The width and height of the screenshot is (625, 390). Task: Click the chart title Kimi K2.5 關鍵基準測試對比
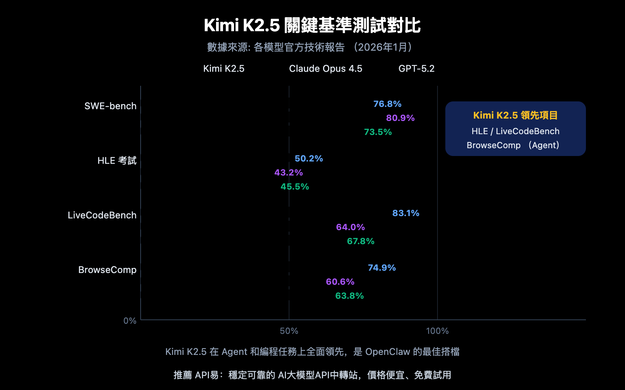(312, 25)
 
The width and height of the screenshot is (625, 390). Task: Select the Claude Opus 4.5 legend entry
(325, 69)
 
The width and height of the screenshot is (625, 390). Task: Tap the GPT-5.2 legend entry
(416, 69)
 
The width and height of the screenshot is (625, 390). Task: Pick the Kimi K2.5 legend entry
(224, 69)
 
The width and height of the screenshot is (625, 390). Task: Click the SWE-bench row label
(111, 106)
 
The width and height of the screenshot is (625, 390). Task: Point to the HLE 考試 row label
(117, 161)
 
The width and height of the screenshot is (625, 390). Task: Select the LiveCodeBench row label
(102, 215)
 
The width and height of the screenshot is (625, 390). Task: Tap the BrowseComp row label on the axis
(107, 270)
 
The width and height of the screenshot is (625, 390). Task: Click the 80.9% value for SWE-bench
(400, 118)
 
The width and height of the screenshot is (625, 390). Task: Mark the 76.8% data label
(387, 104)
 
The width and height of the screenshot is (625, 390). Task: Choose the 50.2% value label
(309, 158)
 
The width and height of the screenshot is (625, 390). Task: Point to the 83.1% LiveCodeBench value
(405, 213)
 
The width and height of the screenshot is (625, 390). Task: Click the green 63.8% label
(349, 296)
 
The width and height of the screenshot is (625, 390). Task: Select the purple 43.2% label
(288, 172)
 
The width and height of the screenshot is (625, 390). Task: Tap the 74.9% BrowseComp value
(382, 268)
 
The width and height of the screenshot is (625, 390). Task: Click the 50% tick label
(289, 331)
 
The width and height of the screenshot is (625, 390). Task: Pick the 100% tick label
(437, 331)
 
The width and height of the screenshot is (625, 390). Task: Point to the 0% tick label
(130, 321)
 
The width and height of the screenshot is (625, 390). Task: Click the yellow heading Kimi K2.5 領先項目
(515, 115)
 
